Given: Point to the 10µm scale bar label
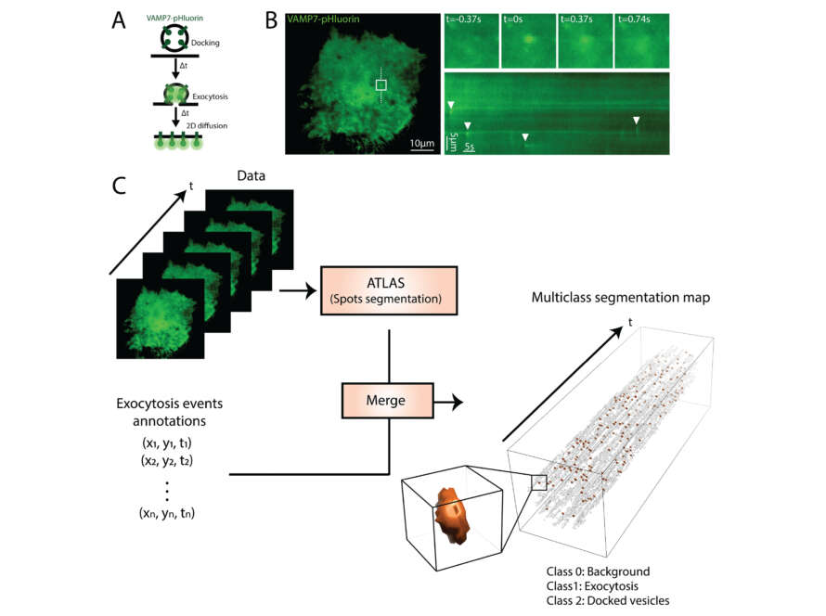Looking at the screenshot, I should (421, 143).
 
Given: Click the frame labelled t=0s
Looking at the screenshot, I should (527, 42).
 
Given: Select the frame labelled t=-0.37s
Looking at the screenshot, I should (471, 42).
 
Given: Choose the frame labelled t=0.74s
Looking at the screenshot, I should (641, 42).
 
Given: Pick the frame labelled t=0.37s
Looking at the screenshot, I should (585, 42).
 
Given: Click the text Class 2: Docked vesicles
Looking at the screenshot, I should (608, 601).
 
